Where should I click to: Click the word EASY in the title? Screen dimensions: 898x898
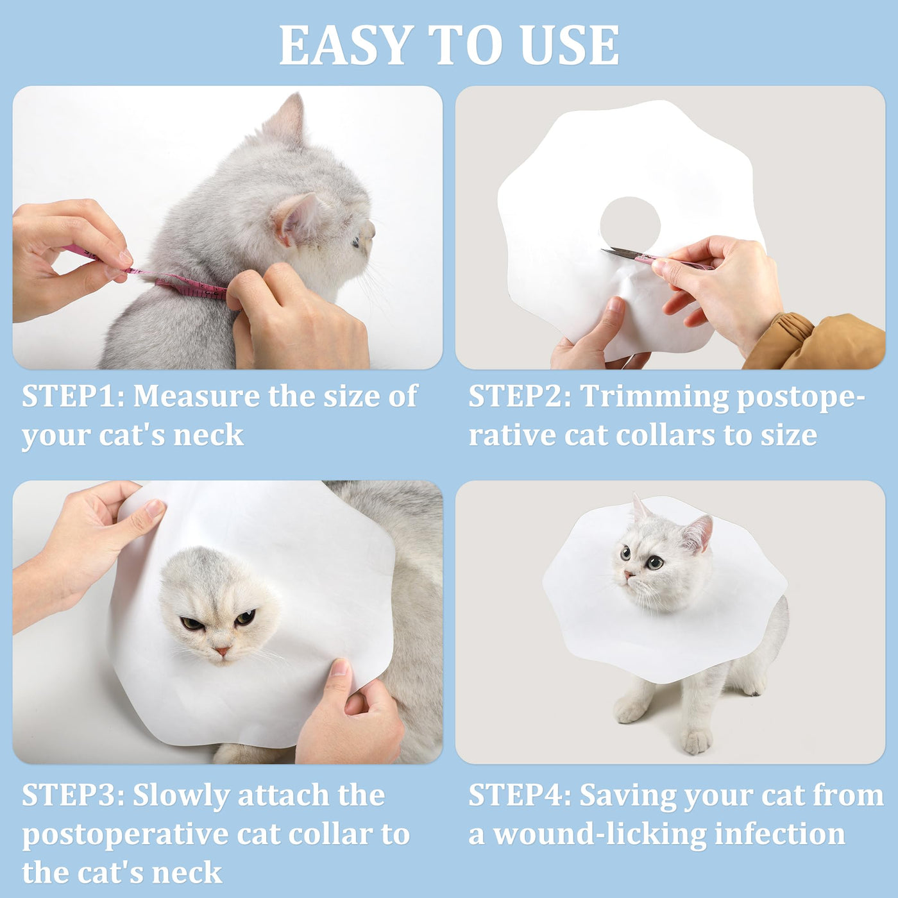point(347,45)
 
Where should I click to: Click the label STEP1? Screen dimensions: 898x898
point(73,396)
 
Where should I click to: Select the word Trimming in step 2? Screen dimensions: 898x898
point(654,398)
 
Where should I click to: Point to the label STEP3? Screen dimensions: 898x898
point(73,795)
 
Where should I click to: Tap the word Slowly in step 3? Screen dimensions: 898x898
point(182,797)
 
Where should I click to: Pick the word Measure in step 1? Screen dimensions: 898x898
point(197,396)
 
